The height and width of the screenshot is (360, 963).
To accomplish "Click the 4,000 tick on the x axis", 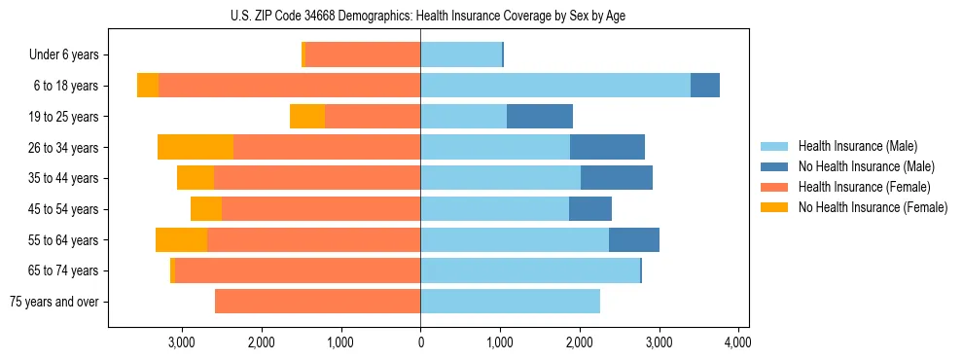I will [737, 342].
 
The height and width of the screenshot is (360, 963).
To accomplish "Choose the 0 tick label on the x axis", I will [420, 342].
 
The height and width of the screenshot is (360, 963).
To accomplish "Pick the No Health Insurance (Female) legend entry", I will [873, 207].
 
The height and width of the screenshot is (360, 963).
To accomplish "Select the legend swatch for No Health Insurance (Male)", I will [775, 167].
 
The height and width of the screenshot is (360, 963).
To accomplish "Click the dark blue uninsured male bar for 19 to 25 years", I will [540, 117].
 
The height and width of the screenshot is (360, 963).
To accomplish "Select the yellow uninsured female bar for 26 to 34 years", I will [196, 147].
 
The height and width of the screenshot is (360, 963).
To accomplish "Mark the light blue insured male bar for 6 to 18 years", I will [554, 86].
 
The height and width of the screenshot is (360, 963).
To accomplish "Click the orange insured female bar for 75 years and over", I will [317, 302].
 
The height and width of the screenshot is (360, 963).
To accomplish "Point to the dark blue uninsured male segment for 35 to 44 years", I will [617, 178].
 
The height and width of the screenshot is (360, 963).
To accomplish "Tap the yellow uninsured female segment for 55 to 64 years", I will [181, 239].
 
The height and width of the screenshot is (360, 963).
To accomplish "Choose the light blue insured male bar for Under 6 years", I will [460, 54].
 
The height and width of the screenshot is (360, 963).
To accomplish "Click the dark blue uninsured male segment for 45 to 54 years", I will [590, 209].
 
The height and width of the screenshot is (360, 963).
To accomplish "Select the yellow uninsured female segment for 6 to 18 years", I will [148, 86].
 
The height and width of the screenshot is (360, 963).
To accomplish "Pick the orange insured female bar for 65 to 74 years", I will [298, 270].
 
